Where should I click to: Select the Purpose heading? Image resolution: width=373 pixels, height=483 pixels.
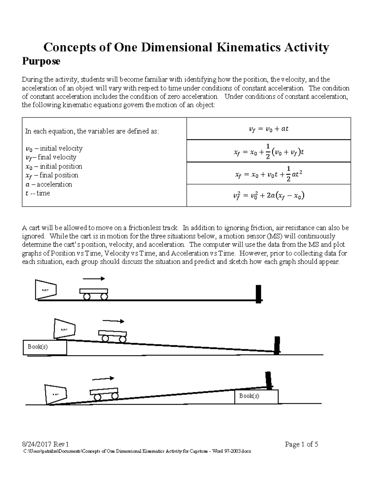pos(41,61)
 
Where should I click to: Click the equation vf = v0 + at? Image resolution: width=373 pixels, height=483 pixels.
pos(269,129)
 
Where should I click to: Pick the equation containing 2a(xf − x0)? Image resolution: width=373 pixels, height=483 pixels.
pos(269,196)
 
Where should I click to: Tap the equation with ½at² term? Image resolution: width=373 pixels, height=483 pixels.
pos(269,174)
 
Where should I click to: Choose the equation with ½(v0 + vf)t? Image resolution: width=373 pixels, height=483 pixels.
pos(269,151)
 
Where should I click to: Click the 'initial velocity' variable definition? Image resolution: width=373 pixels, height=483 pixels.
pos(54,148)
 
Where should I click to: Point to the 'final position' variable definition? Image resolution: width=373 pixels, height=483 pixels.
pos(52,175)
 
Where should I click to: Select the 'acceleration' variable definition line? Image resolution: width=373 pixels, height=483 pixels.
pos(48,184)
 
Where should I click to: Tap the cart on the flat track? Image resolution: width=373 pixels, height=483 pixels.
pos(94,293)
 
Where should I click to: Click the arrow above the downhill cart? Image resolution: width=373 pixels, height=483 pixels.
pos(113,321)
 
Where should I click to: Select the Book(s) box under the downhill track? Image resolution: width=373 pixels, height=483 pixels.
pos(45,347)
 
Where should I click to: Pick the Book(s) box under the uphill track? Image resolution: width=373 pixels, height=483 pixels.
pos(256,396)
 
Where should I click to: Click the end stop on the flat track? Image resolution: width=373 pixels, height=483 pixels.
pos(258,294)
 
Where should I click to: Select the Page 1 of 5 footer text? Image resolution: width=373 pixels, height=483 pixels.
pos(301,444)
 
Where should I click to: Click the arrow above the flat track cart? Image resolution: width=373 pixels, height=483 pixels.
pos(94,279)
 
